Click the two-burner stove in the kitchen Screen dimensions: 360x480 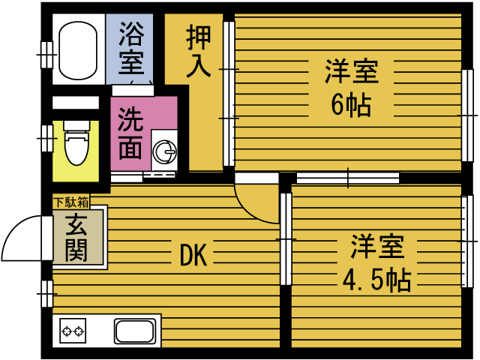point(73,330)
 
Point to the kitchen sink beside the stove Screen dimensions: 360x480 point(135,330)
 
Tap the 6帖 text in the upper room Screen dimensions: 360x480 point(351,106)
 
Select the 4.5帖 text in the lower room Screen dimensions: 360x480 point(376,280)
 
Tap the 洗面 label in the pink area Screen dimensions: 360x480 point(131,136)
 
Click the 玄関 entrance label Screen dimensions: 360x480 point(75,238)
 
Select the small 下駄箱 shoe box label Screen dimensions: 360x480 point(70,201)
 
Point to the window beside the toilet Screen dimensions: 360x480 point(46,138)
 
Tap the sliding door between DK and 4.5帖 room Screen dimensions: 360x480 point(285,238)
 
